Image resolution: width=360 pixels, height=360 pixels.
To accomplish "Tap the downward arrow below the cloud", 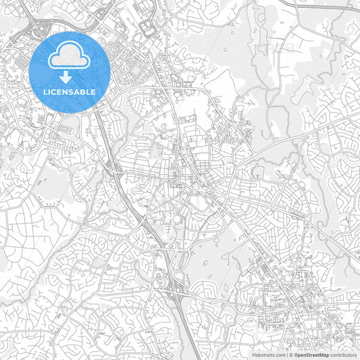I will (x=70, y=76).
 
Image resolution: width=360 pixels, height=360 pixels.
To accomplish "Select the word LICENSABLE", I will (x=70, y=91).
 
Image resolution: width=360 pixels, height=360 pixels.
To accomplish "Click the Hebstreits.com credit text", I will (x=269, y=354).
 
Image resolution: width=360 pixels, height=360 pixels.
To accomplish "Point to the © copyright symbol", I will (x=291, y=354).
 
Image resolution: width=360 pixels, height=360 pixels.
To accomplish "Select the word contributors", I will (x=343, y=354).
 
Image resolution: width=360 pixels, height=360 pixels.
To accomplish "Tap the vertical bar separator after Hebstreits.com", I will (x=286, y=354).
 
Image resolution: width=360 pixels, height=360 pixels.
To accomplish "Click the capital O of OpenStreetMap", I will (x=296, y=354).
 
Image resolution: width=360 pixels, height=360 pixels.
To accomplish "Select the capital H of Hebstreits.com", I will (x=254, y=354).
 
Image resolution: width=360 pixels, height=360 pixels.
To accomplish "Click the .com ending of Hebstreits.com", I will (x=280, y=354).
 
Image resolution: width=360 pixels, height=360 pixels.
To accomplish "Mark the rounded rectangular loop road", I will (x=147, y=28).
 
